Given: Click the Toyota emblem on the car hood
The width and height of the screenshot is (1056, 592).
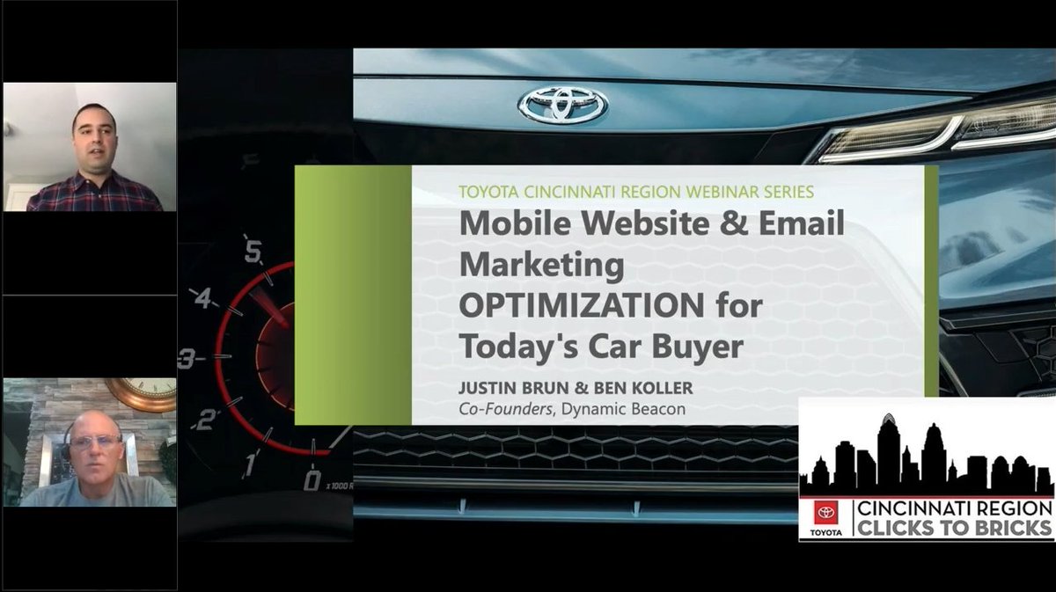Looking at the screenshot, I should pyautogui.click(x=563, y=105).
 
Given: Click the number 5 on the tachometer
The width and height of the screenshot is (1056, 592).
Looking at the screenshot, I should pyautogui.click(x=253, y=253).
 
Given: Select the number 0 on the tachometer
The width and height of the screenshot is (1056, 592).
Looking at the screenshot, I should pyautogui.click(x=312, y=480).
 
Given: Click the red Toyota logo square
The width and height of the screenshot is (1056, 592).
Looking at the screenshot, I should pyautogui.click(x=826, y=513).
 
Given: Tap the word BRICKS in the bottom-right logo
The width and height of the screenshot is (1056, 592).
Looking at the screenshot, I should pyautogui.click(x=1011, y=528).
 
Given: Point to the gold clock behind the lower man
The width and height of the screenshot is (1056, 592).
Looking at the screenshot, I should pyautogui.click(x=145, y=394).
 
